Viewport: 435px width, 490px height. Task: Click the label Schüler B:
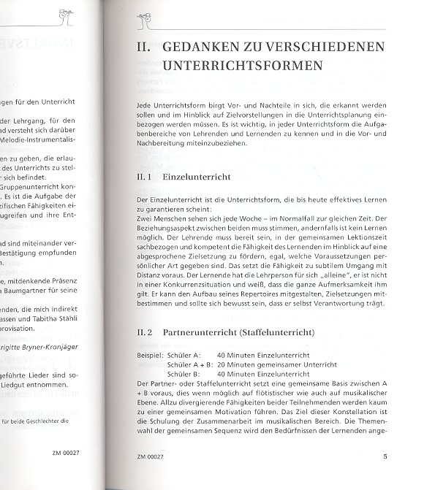pos(182,373)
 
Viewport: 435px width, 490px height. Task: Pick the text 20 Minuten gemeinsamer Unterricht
pos(281,364)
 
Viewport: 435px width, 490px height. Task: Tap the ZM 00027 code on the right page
pos(152,459)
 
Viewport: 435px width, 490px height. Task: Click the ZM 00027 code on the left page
pos(67,453)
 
